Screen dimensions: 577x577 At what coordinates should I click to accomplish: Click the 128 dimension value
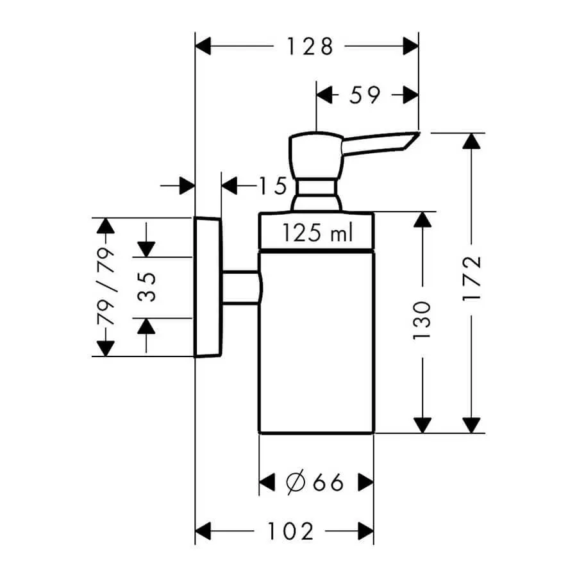310,46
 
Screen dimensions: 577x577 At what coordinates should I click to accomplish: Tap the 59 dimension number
365,95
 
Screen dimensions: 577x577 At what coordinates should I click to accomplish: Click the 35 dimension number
146,287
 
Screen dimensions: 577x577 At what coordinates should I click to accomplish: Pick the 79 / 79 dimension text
104,287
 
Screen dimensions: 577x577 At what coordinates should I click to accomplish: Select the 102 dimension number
290,531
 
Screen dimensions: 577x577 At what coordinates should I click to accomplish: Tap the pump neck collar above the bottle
315,192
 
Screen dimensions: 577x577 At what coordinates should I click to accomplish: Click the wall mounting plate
207,287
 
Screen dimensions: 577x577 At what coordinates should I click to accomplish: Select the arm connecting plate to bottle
240,287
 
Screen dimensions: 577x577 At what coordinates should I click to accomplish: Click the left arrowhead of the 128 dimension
203,46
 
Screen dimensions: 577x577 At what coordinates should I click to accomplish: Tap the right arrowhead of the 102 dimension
366,531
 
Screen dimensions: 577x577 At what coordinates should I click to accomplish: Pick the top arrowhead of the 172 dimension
471,141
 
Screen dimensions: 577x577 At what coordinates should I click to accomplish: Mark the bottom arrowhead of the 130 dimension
422,425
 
